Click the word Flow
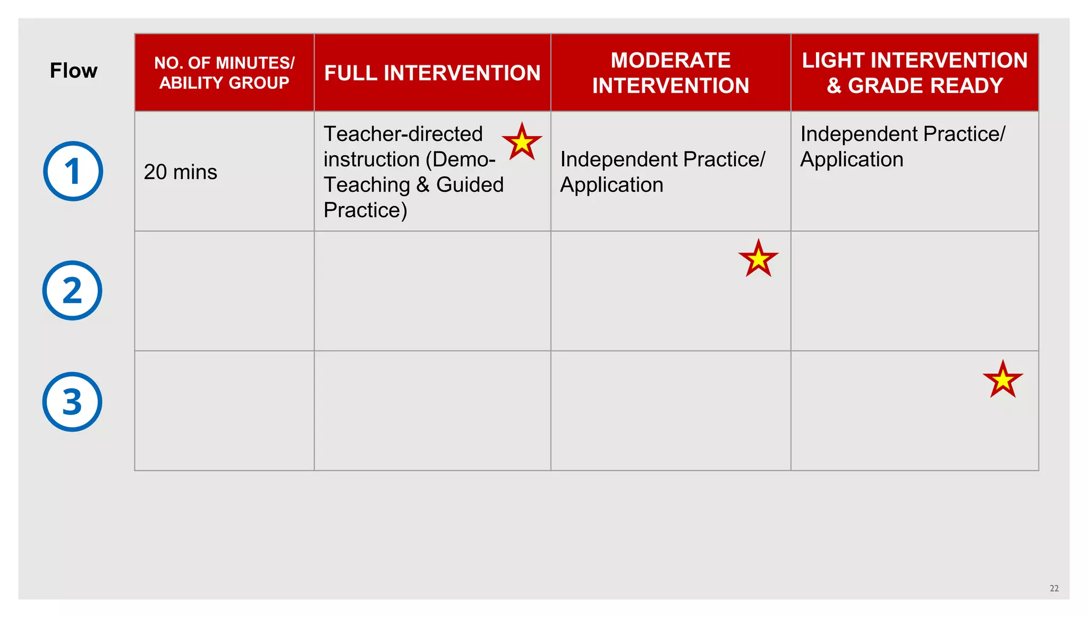click(73, 71)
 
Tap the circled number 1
click(73, 171)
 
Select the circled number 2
click(72, 290)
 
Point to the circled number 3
click(72, 402)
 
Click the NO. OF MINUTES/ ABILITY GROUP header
click(224, 73)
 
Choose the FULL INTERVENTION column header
click(432, 73)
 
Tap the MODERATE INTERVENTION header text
click(670, 73)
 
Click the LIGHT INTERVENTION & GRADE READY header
click(914, 73)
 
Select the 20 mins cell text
click(180, 172)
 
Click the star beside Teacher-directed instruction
click(522, 142)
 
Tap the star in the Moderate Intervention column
click(758, 259)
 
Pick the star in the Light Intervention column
click(1002, 379)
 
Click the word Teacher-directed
click(403, 134)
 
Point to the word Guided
click(470, 185)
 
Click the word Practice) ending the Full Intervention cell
click(365, 210)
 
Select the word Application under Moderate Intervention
click(611, 185)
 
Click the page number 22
click(1054, 588)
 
